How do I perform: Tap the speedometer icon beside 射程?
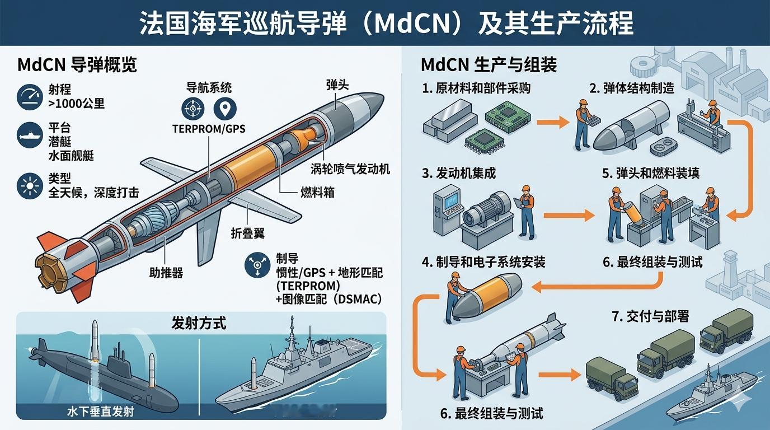(30, 96)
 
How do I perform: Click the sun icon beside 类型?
(30, 185)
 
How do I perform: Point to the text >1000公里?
(76, 104)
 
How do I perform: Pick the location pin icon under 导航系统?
(225, 108)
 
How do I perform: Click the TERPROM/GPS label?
(209, 128)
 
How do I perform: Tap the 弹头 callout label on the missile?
(337, 85)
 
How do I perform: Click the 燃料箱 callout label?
(317, 193)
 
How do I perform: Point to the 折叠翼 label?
(247, 233)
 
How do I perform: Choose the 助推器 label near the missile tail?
(166, 273)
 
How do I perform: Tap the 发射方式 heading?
(199, 323)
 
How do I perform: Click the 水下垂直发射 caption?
(101, 413)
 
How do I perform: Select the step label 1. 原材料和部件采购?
(476, 88)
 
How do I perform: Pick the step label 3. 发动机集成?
(459, 173)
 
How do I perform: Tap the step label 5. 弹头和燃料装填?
(651, 173)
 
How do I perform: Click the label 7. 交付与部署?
(650, 316)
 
